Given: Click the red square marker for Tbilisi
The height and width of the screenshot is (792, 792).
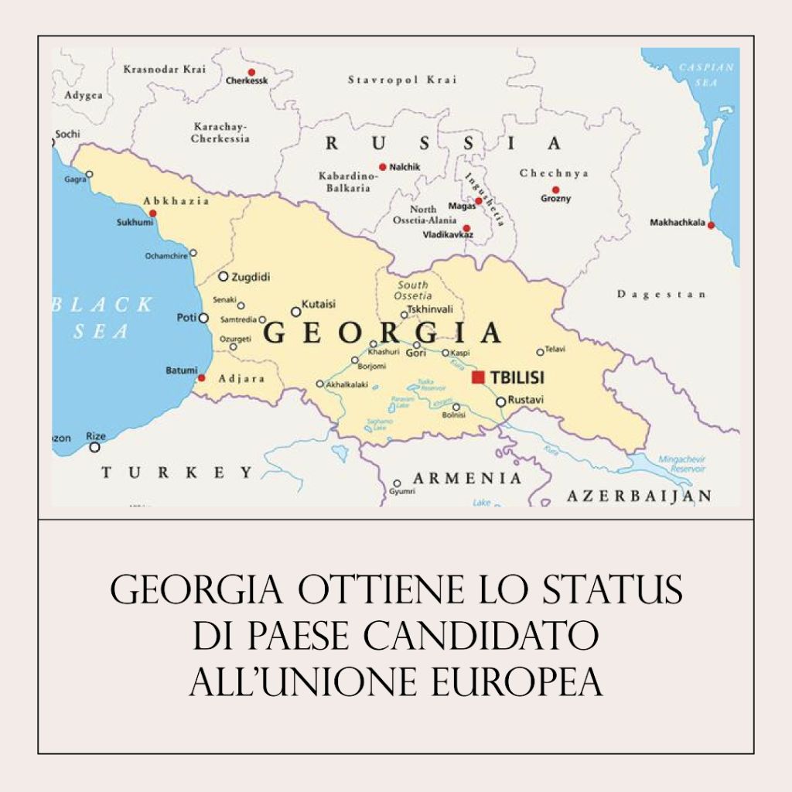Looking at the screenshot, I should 479,377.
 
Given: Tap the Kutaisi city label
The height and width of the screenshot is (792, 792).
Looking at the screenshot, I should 319,303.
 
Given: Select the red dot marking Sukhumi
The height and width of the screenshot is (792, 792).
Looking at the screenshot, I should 152,213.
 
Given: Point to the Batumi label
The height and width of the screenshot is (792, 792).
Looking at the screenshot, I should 181,370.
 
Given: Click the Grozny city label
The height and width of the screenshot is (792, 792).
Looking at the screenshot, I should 556,199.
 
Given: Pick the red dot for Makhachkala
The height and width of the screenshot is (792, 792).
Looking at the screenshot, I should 711,225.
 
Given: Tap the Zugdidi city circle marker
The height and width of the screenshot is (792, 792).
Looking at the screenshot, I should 224,276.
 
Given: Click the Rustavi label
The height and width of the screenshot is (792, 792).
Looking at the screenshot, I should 526,400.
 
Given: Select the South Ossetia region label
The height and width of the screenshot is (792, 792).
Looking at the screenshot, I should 413,290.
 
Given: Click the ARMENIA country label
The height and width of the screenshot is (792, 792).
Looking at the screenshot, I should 467,478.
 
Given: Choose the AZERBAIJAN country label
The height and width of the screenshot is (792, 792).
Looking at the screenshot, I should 639,496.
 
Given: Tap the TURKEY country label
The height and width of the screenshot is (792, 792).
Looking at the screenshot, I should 177,473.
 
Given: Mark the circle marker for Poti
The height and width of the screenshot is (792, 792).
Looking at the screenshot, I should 203,318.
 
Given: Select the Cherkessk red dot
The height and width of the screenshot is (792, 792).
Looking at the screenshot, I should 251,72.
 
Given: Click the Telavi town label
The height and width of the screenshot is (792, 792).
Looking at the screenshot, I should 555,350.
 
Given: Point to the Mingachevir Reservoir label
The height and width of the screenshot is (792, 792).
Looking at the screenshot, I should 681,464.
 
